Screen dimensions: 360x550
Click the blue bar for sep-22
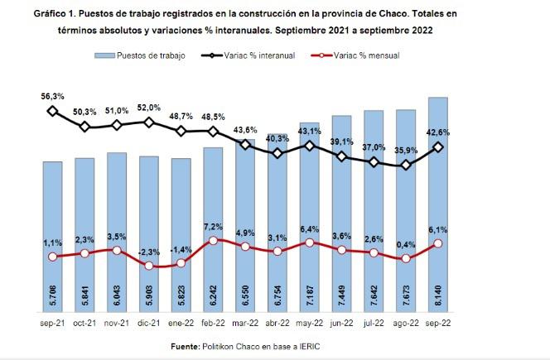[x=437, y=207]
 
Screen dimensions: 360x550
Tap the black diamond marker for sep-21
[x=52, y=111]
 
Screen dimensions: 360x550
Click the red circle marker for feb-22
[x=213, y=241]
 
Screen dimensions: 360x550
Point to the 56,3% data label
[x=52, y=95]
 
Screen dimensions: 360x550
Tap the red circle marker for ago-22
[x=406, y=259]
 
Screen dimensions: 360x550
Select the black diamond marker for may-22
[x=309, y=146]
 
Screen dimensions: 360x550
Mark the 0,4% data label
[x=406, y=245]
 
